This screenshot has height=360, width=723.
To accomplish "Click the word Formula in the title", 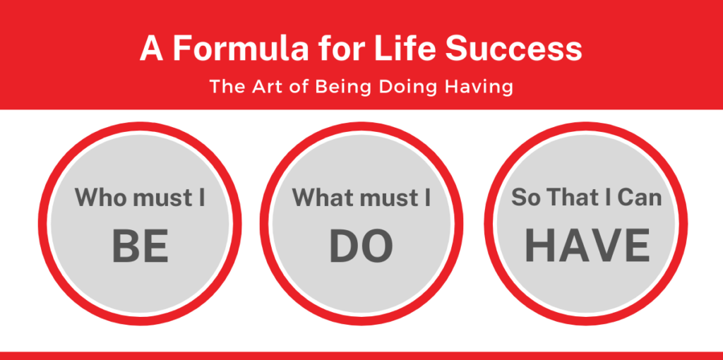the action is pos(240,49).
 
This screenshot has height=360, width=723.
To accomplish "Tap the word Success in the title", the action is pos(514,49).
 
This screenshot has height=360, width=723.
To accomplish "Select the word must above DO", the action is pos(390,198).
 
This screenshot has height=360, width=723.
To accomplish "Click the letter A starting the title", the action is pos(152,49).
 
